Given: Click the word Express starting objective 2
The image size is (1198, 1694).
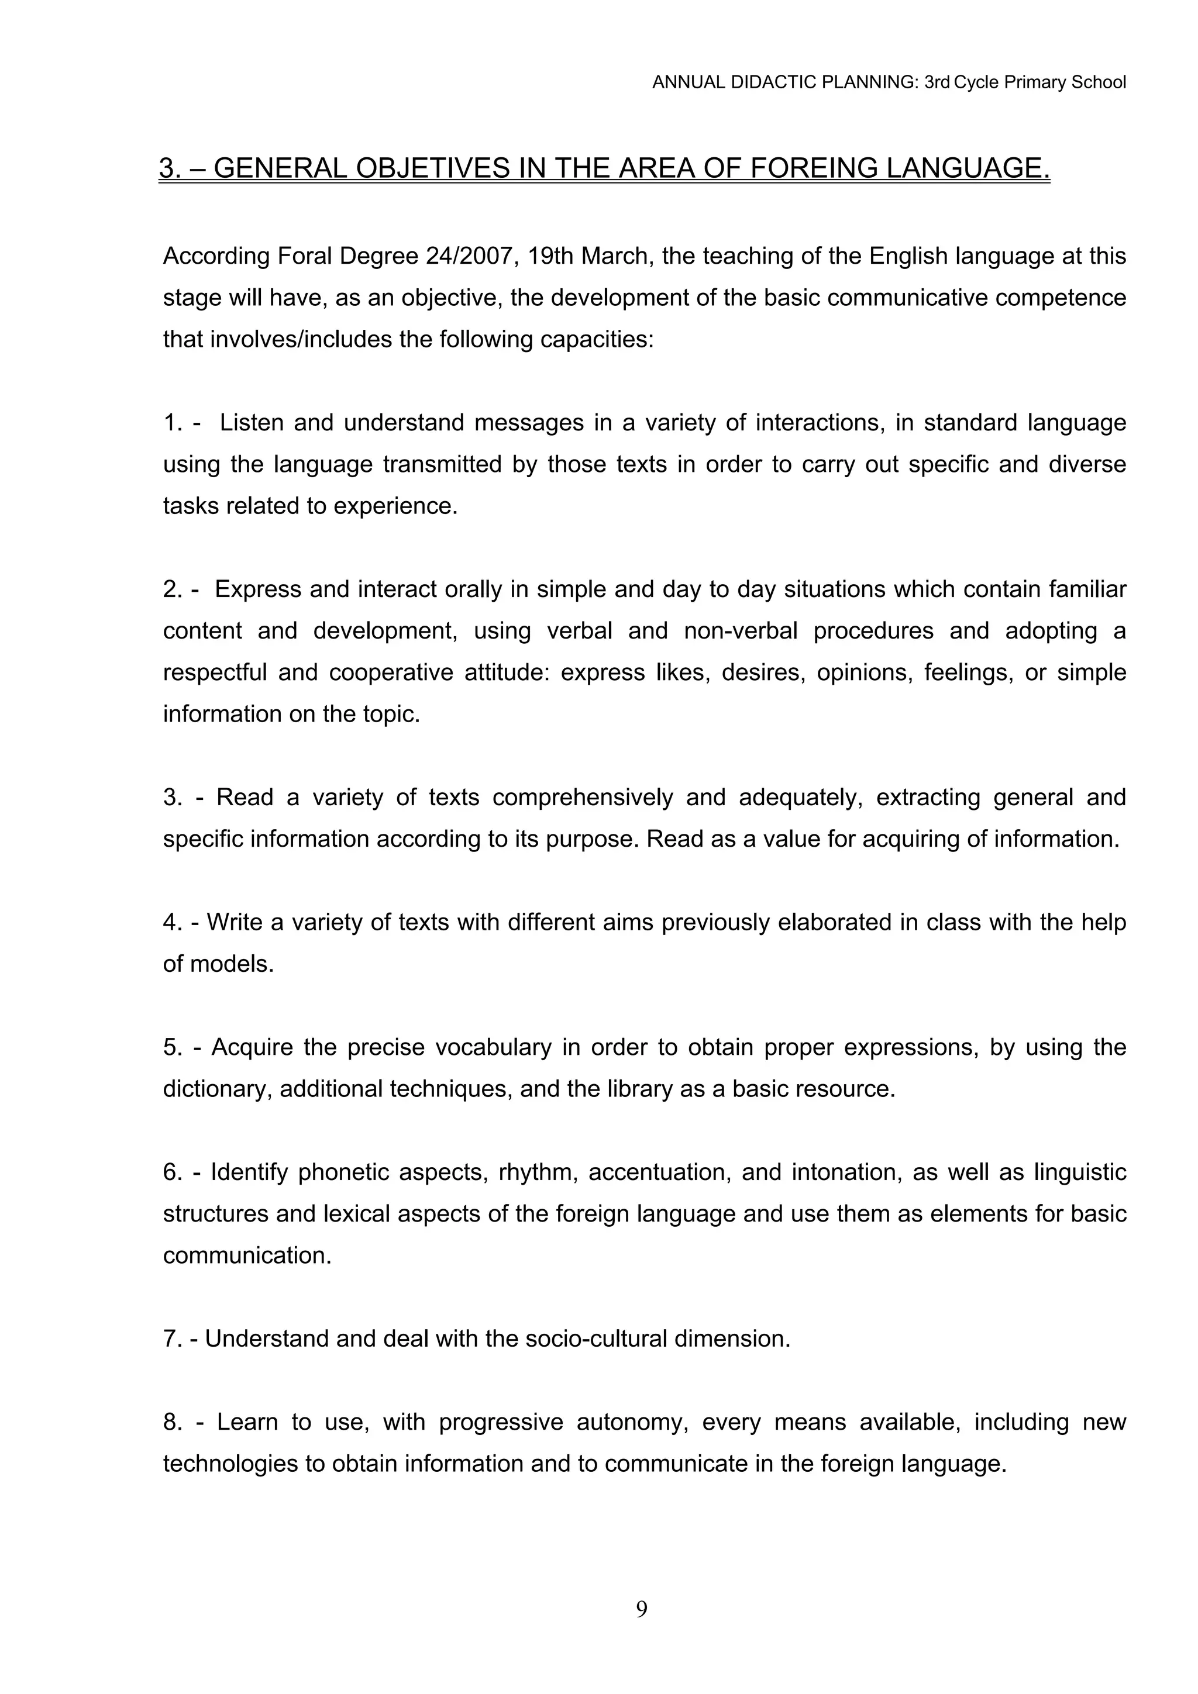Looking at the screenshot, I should (x=257, y=589).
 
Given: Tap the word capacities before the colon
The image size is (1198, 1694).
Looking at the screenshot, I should (x=597, y=339).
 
